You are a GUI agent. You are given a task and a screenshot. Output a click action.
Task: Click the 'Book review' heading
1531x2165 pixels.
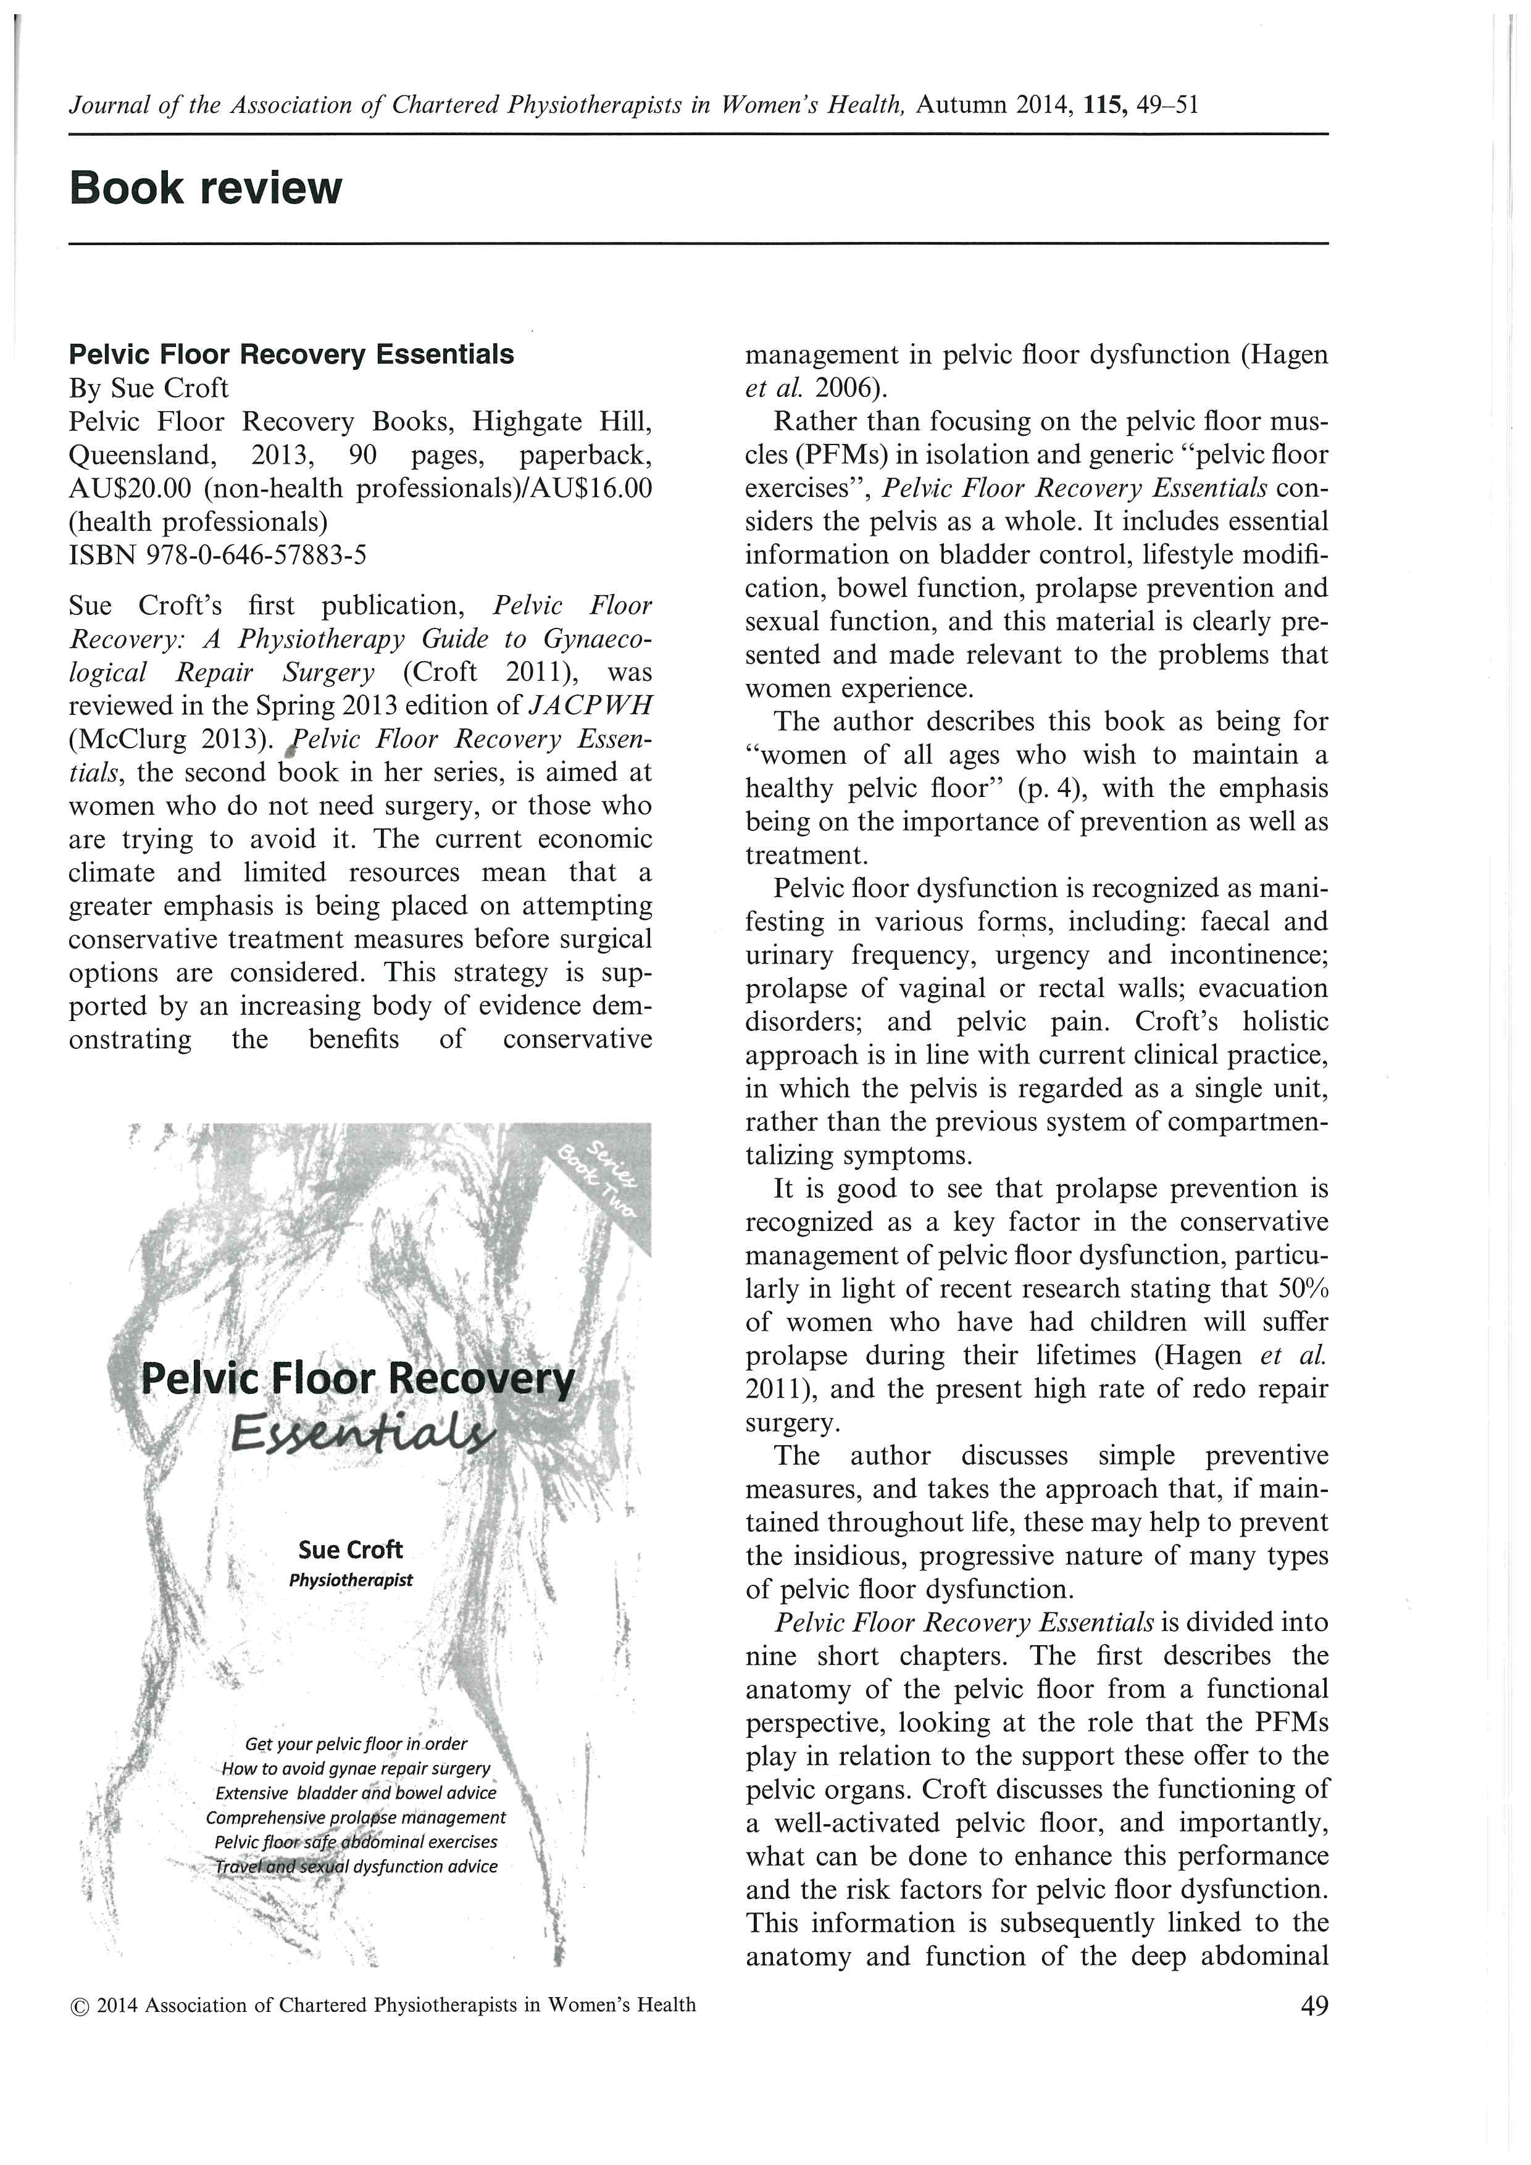point(206,188)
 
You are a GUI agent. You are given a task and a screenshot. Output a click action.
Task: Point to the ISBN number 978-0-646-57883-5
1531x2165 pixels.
point(256,556)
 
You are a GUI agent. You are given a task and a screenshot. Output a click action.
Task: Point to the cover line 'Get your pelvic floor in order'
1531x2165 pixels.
point(356,1743)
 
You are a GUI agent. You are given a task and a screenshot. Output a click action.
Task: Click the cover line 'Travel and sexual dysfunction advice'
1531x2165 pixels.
point(356,1866)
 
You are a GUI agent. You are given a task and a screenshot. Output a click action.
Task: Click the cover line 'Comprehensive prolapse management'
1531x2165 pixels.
point(356,1817)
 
